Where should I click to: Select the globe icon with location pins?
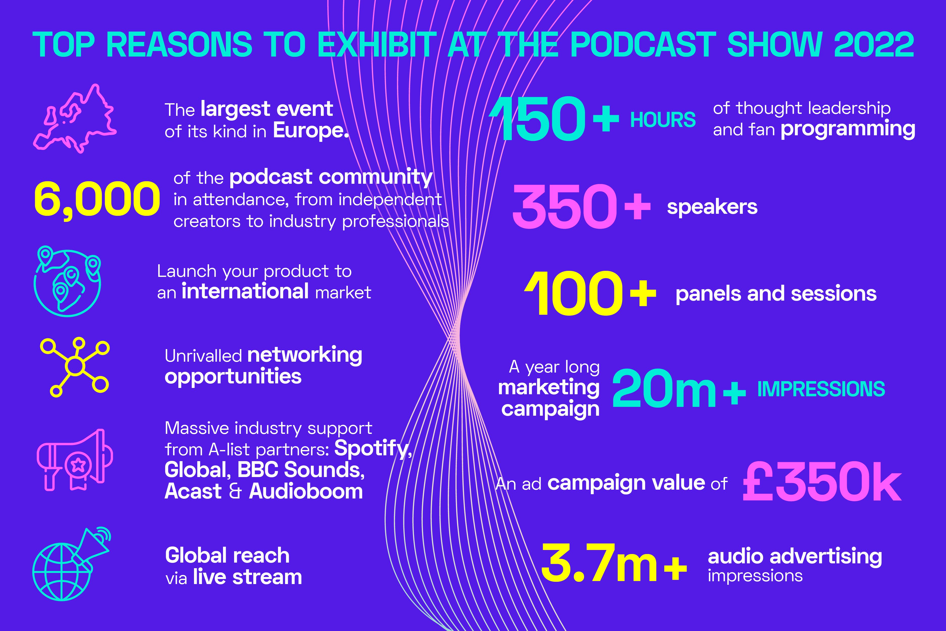pyautogui.click(x=67, y=281)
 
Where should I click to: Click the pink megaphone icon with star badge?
pyautogui.click(x=75, y=460)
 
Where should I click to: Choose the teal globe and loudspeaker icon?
pyautogui.click(x=71, y=564)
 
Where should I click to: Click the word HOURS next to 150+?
pyautogui.click(x=663, y=120)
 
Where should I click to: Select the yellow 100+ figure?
pyautogui.click(x=590, y=293)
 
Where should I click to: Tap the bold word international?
pyautogui.click(x=245, y=291)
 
